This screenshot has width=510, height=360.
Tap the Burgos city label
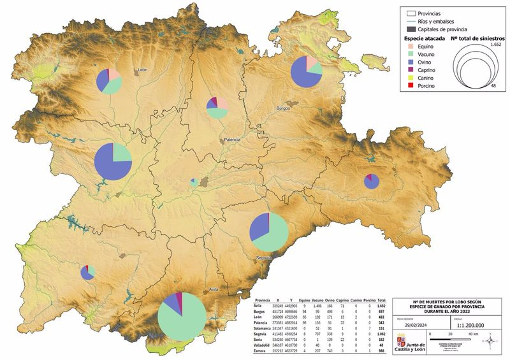282,108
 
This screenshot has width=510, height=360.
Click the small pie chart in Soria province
372,181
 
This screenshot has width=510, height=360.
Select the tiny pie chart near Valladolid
194,182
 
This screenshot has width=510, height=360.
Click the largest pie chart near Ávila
182,315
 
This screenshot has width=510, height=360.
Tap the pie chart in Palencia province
217,107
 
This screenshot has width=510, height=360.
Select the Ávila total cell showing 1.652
382,306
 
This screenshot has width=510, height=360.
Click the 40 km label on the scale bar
474,334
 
